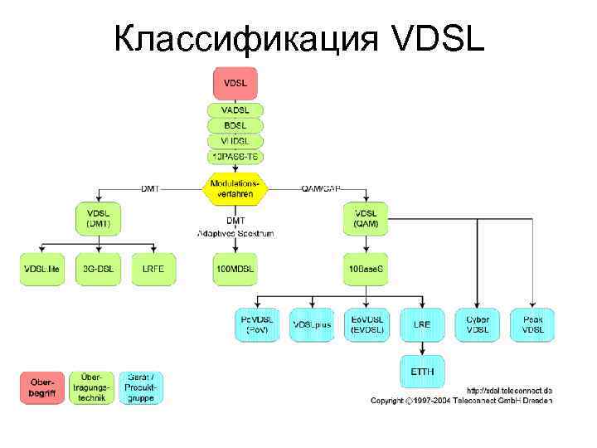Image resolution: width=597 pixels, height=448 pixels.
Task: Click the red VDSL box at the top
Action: tap(235, 84)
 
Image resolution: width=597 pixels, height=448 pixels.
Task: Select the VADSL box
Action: tap(235, 110)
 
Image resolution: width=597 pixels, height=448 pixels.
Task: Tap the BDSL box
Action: tap(235, 125)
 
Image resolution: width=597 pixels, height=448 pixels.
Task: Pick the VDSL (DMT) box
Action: tap(99, 218)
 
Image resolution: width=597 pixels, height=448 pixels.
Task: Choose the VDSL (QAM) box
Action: tap(366, 218)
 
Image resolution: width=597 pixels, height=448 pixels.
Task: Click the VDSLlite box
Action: tap(41, 270)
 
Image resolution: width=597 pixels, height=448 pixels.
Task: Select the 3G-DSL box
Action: tap(99, 270)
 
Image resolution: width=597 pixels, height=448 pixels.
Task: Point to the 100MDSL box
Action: tap(235, 270)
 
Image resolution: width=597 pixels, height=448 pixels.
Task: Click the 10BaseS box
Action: tap(366, 270)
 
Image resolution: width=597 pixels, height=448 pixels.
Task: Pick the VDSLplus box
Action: tap(312, 324)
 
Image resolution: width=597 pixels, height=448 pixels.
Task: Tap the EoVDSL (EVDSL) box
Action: tap(366, 324)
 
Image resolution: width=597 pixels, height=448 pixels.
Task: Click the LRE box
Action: tap(422, 324)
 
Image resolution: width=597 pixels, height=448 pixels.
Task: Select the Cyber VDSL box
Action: tap(478, 324)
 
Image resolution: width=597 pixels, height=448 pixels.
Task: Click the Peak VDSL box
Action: tap(533, 324)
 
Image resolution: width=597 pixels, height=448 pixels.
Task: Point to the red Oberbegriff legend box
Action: tap(41, 387)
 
